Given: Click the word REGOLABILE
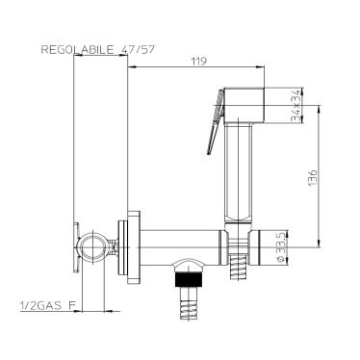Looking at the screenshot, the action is [77, 50].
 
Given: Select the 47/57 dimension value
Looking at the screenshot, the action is [138, 50].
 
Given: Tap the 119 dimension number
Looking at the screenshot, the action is [199, 61].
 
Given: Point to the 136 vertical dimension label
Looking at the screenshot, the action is [312, 177].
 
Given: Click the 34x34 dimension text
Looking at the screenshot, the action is [296, 106].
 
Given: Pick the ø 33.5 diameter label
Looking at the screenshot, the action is [280, 247].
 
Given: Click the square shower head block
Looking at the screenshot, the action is [244, 106].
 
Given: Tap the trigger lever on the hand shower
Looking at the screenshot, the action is [216, 122].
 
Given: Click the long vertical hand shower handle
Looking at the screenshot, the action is [238, 173].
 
